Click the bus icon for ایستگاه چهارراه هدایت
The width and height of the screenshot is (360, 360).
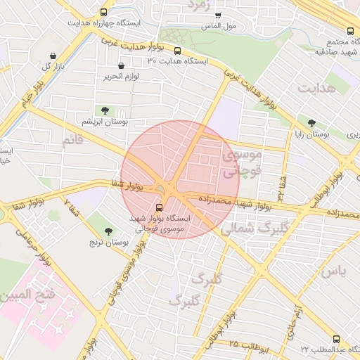click(x=105, y=12)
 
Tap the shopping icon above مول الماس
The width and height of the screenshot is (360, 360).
click(x=218, y=15)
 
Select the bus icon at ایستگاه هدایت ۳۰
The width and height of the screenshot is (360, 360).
click(x=177, y=51)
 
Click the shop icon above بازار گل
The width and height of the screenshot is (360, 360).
click(x=53, y=56)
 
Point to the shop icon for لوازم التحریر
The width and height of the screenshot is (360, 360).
click(x=122, y=66)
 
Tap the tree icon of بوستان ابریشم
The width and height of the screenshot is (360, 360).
click(x=105, y=110)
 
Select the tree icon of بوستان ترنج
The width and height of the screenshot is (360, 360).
click(x=108, y=231)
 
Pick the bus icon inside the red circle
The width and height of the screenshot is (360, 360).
click(x=159, y=208)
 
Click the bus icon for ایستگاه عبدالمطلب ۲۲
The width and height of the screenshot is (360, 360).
click(x=335, y=339)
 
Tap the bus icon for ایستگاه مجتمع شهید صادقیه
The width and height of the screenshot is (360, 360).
click(x=350, y=31)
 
